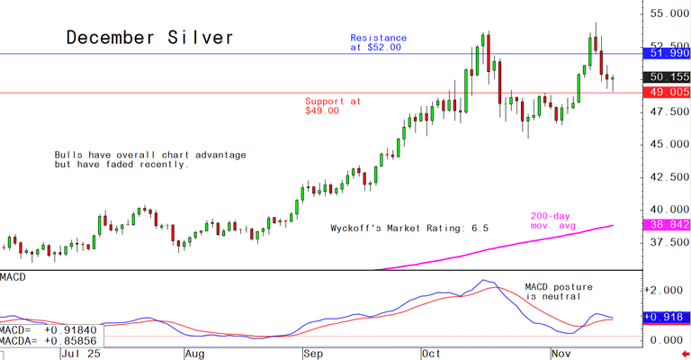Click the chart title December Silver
[150, 38]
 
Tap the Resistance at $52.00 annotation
[378, 42]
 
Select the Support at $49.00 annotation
[333, 106]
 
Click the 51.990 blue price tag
[667, 54]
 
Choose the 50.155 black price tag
[667, 77]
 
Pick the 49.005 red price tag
[667, 92]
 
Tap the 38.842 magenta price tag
[667, 223]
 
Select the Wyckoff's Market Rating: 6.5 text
[409, 229]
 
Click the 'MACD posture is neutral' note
[559, 291]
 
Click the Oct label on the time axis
[434, 354]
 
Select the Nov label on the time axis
[562, 354]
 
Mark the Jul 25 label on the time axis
[78, 354]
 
